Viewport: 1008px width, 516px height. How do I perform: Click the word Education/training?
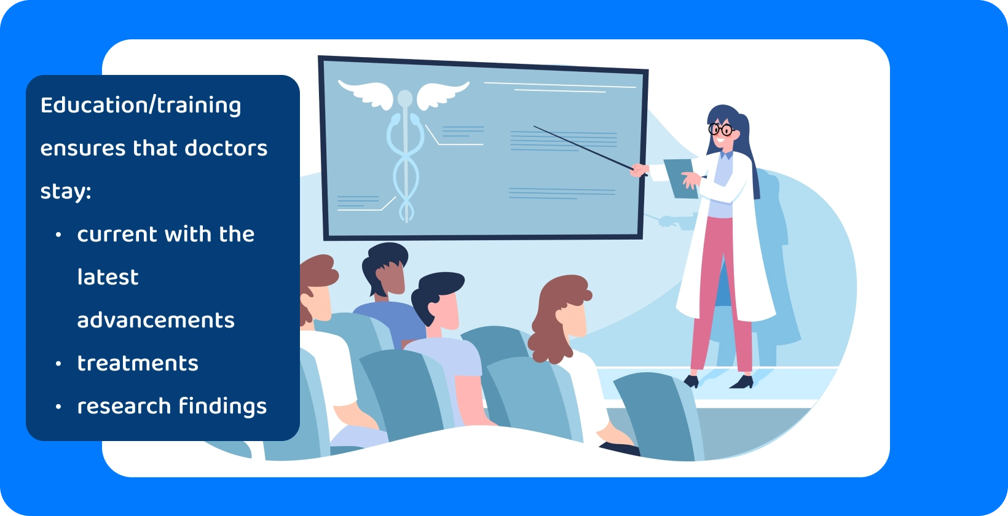tap(140, 106)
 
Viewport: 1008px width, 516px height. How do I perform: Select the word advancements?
tap(156, 320)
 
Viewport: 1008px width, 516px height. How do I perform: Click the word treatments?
tap(138, 363)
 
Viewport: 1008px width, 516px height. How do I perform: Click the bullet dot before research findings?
tap(58, 407)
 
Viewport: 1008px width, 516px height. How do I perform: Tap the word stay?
tap(65, 191)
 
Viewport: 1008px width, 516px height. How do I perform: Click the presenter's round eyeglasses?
tap(720, 130)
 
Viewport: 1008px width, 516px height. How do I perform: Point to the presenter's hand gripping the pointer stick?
tap(640, 170)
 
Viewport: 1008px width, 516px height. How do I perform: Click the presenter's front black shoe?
tap(742, 382)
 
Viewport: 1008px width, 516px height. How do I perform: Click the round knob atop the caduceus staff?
tap(404, 98)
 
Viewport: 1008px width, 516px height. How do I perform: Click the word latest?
tap(108, 277)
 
